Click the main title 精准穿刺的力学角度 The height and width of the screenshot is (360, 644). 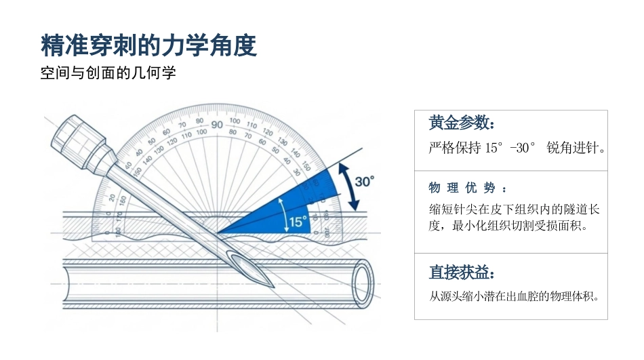[148, 45]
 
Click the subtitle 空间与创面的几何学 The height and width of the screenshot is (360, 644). [108, 73]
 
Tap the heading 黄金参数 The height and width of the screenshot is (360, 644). [462, 123]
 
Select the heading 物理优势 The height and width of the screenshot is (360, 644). [467, 188]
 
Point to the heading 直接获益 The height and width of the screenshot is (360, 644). [462, 272]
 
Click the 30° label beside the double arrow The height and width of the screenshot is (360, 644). [364, 182]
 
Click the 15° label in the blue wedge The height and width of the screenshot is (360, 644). [298, 222]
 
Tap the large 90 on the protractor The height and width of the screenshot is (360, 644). [217, 125]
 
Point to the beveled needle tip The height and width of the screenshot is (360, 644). [273, 286]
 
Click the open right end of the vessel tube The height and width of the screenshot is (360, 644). [363, 283]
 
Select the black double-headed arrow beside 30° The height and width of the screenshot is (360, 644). [348, 187]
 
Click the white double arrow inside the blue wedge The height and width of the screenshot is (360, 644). [283, 215]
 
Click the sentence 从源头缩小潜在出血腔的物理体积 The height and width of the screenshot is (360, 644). [515, 296]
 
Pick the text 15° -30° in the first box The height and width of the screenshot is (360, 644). [510, 148]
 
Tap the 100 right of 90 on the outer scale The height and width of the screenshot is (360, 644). [235, 121]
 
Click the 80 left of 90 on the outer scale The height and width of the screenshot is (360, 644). [199, 121]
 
